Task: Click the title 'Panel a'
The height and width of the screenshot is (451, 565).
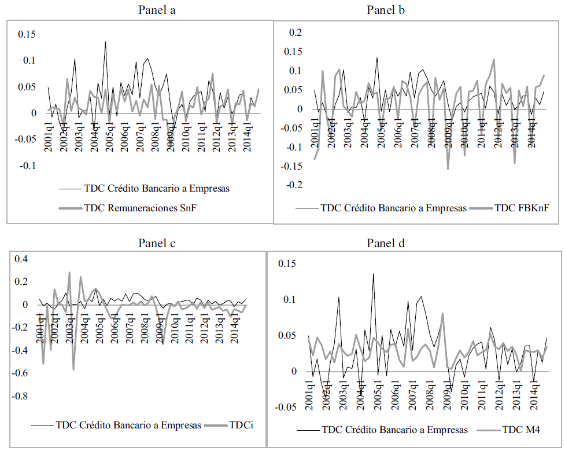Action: point(157,10)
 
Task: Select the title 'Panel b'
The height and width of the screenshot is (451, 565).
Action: point(386,10)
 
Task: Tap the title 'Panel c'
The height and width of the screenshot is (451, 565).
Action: point(157,243)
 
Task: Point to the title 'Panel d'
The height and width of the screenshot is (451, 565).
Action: point(386,243)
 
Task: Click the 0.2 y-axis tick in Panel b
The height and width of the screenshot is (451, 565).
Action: point(296,32)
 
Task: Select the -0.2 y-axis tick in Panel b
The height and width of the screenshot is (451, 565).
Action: point(293,185)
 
